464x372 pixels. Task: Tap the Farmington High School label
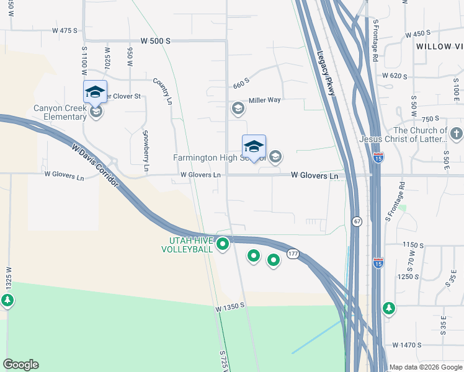click(211, 157)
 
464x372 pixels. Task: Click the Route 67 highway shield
click(357, 221)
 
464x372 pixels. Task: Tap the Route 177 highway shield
click(293, 254)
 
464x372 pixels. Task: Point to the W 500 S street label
click(155, 41)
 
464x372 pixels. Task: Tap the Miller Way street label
click(265, 100)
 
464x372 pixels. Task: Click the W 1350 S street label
click(231, 307)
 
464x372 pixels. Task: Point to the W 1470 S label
click(407, 345)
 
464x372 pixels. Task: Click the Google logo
click(20, 365)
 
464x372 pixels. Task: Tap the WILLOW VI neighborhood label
click(439, 46)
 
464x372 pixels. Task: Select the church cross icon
click(456, 133)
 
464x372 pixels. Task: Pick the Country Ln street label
click(163, 91)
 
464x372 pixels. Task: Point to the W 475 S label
click(65, 30)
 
